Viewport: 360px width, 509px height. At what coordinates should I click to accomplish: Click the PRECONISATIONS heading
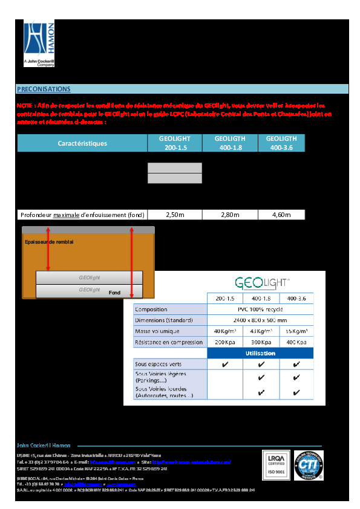[x=44, y=89]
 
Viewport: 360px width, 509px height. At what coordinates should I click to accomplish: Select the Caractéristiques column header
[x=82, y=143]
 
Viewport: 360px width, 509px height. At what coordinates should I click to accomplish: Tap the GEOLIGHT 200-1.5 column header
[x=174, y=143]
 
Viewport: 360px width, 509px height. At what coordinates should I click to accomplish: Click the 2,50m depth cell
[x=174, y=215]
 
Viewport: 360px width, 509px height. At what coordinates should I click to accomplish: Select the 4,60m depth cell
[x=281, y=215]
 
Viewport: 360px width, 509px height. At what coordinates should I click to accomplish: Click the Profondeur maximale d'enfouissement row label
[x=82, y=215]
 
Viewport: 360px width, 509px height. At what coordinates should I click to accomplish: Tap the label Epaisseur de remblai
[x=49, y=242]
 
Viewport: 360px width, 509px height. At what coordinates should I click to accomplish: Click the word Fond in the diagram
[x=114, y=293]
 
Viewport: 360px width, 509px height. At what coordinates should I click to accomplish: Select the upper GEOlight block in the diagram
[x=90, y=278]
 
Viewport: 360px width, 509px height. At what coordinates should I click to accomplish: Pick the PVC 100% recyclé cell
[x=260, y=309]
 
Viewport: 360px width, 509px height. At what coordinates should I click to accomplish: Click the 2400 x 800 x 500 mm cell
[x=260, y=320]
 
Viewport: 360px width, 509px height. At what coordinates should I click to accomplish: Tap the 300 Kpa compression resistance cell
[x=261, y=342]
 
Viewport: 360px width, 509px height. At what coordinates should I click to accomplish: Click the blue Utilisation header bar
[x=260, y=353]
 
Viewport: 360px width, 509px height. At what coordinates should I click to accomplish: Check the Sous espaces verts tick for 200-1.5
[x=225, y=365]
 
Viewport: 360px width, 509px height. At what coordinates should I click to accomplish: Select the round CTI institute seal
[x=309, y=468]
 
